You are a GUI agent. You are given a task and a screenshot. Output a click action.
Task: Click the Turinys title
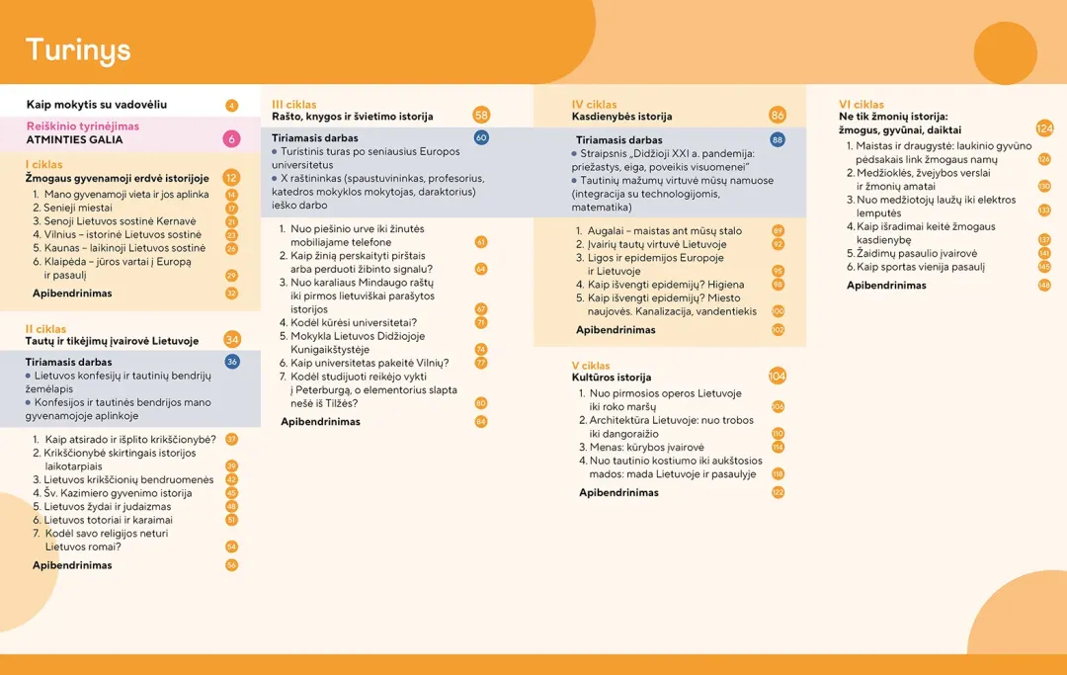pyautogui.click(x=78, y=50)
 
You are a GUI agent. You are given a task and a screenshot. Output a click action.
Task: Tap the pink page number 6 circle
pyautogui.click(x=232, y=139)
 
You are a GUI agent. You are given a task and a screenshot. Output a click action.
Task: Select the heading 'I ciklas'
pyautogui.click(x=44, y=165)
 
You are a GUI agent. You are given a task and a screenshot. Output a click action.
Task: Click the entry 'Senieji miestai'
pyautogui.click(x=78, y=209)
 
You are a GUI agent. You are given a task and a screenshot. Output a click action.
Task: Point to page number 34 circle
pyautogui.click(x=232, y=340)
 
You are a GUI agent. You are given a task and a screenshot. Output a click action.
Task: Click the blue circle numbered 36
pyautogui.click(x=232, y=362)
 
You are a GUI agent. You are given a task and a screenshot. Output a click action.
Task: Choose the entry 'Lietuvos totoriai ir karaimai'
pyautogui.click(x=108, y=520)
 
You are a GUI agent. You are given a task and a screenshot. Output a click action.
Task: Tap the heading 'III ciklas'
pyautogui.click(x=294, y=104)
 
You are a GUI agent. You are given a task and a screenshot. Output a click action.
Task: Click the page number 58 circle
pyautogui.click(x=481, y=116)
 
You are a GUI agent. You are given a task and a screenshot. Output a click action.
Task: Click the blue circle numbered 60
pyautogui.click(x=481, y=137)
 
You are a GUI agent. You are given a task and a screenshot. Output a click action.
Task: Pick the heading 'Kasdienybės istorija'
pyautogui.click(x=621, y=117)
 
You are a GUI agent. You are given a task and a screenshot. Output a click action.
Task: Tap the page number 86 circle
pyautogui.click(x=778, y=116)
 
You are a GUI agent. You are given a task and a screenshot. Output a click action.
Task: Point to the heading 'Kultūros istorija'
pyautogui.click(x=612, y=378)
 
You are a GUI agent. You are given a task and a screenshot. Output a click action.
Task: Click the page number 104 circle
pyautogui.click(x=778, y=376)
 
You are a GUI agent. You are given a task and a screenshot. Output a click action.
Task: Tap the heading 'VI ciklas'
pyautogui.click(x=862, y=104)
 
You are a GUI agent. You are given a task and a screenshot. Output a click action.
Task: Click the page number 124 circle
pyautogui.click(x=1045, y=127)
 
